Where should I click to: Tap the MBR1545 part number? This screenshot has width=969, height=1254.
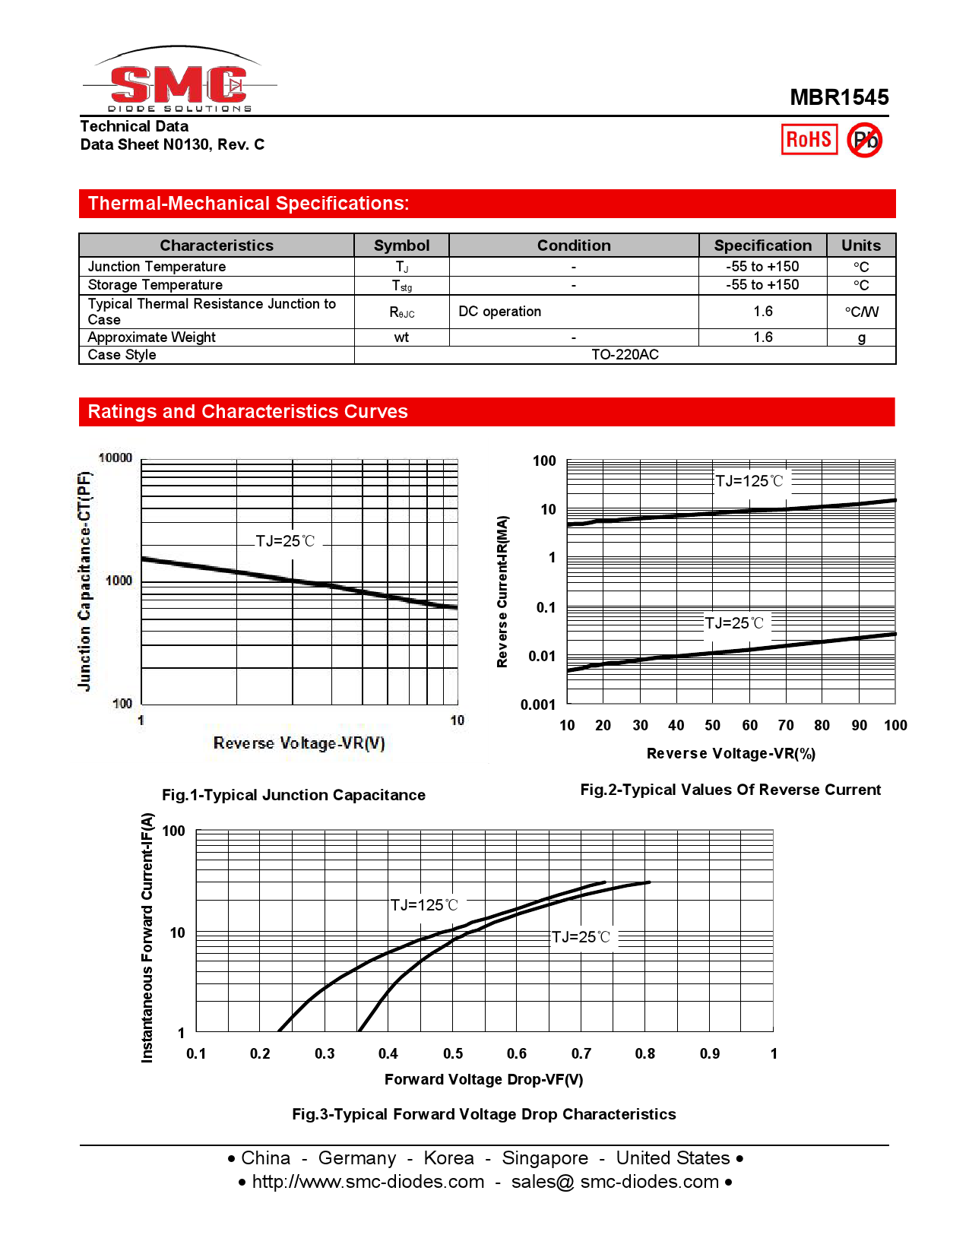click(x=838, y=97)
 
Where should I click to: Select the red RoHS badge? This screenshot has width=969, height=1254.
click(x=809, y=140)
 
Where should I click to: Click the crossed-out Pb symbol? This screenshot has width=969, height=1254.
click(x=864, y=141)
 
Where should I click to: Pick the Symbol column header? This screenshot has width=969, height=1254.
click(x=401, y=245)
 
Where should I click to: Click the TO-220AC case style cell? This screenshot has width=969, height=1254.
click(x=625, y=355)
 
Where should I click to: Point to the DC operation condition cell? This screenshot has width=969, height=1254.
click(x=500, y=312)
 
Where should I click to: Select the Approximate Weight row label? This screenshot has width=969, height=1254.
click(x=152, y=337)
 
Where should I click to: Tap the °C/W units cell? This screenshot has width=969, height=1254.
click(x=861, y=312)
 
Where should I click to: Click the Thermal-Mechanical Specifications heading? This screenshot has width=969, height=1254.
click(x=249, y=204)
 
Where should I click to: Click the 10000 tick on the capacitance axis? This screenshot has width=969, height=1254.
click(x=116, y=458)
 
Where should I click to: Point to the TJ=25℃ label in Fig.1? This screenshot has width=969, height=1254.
click(x=285, y=541)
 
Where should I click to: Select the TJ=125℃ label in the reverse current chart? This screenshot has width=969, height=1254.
click(x=749, y=481)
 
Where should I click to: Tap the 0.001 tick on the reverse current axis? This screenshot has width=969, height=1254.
click(x=538, y=705)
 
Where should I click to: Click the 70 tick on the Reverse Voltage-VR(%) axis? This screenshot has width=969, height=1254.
click(x=786, y=725)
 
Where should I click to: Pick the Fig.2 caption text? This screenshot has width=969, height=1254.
click(x=730, y=790)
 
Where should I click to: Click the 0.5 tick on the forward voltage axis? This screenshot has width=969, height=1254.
click(x=453, y=1053)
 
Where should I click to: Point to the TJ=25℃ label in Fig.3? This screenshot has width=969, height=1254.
click(x=581, y=937)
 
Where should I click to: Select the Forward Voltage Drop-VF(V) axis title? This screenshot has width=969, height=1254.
click(x=483, y=1079)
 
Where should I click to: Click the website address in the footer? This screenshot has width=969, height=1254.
click(x=368, y=1182)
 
